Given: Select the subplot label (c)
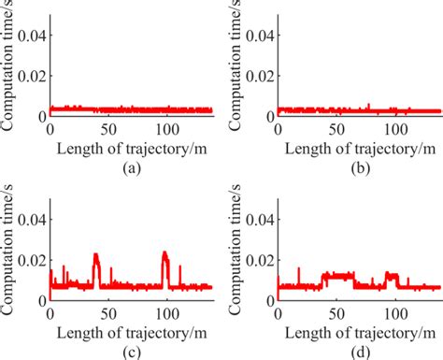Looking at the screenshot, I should click(x=132, y=350).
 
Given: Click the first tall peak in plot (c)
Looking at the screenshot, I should click(x=95, y=255).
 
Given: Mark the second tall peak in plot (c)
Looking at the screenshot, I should click(x=164, y=253).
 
